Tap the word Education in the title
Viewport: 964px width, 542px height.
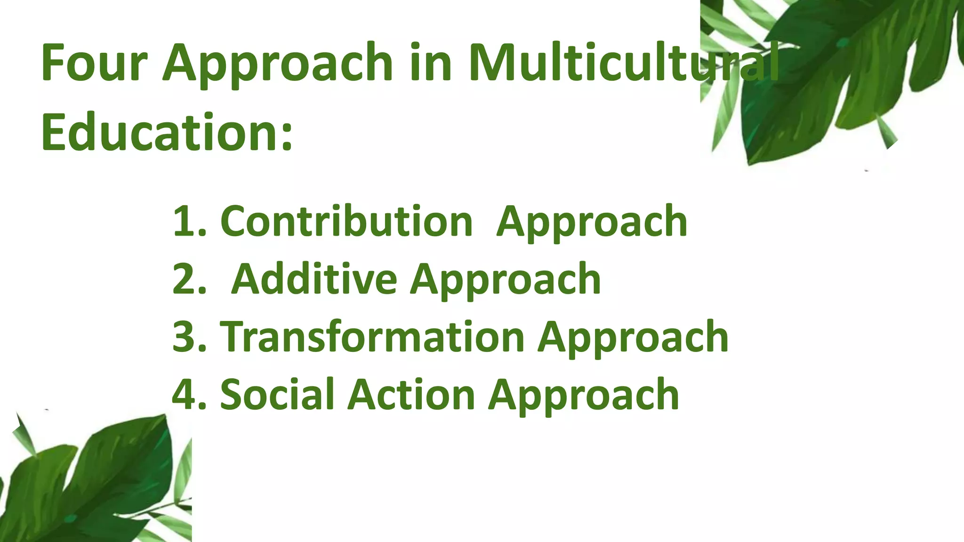[x=160, y=133]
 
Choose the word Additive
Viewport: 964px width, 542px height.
[x=314, y=279]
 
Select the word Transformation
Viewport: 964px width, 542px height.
[x=372, y=337]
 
